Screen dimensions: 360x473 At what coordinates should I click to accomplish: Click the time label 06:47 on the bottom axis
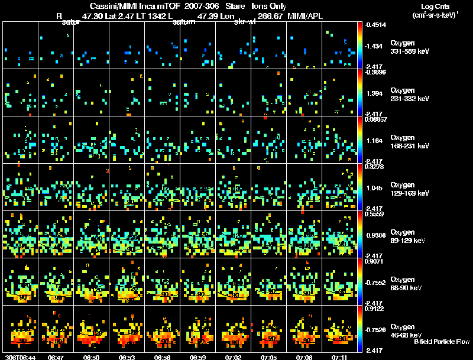pyautogui.click(x=56, y=357)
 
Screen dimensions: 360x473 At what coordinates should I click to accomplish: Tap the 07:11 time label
pyautogui.click(x=340, y=357)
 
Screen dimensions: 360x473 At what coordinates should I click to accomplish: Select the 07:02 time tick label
pyautogui.click(x=234, y=357)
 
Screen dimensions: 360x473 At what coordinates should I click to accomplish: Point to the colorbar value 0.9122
pyautogui.click(x=376, y=308)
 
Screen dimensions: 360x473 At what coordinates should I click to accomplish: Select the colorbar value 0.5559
pyautogui.click(x=376, y=213)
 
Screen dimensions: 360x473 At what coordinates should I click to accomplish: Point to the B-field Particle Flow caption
pyautogui.click(x=442, y=342)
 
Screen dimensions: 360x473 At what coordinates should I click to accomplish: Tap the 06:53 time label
pyautogui.click(x=127, y=357)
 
